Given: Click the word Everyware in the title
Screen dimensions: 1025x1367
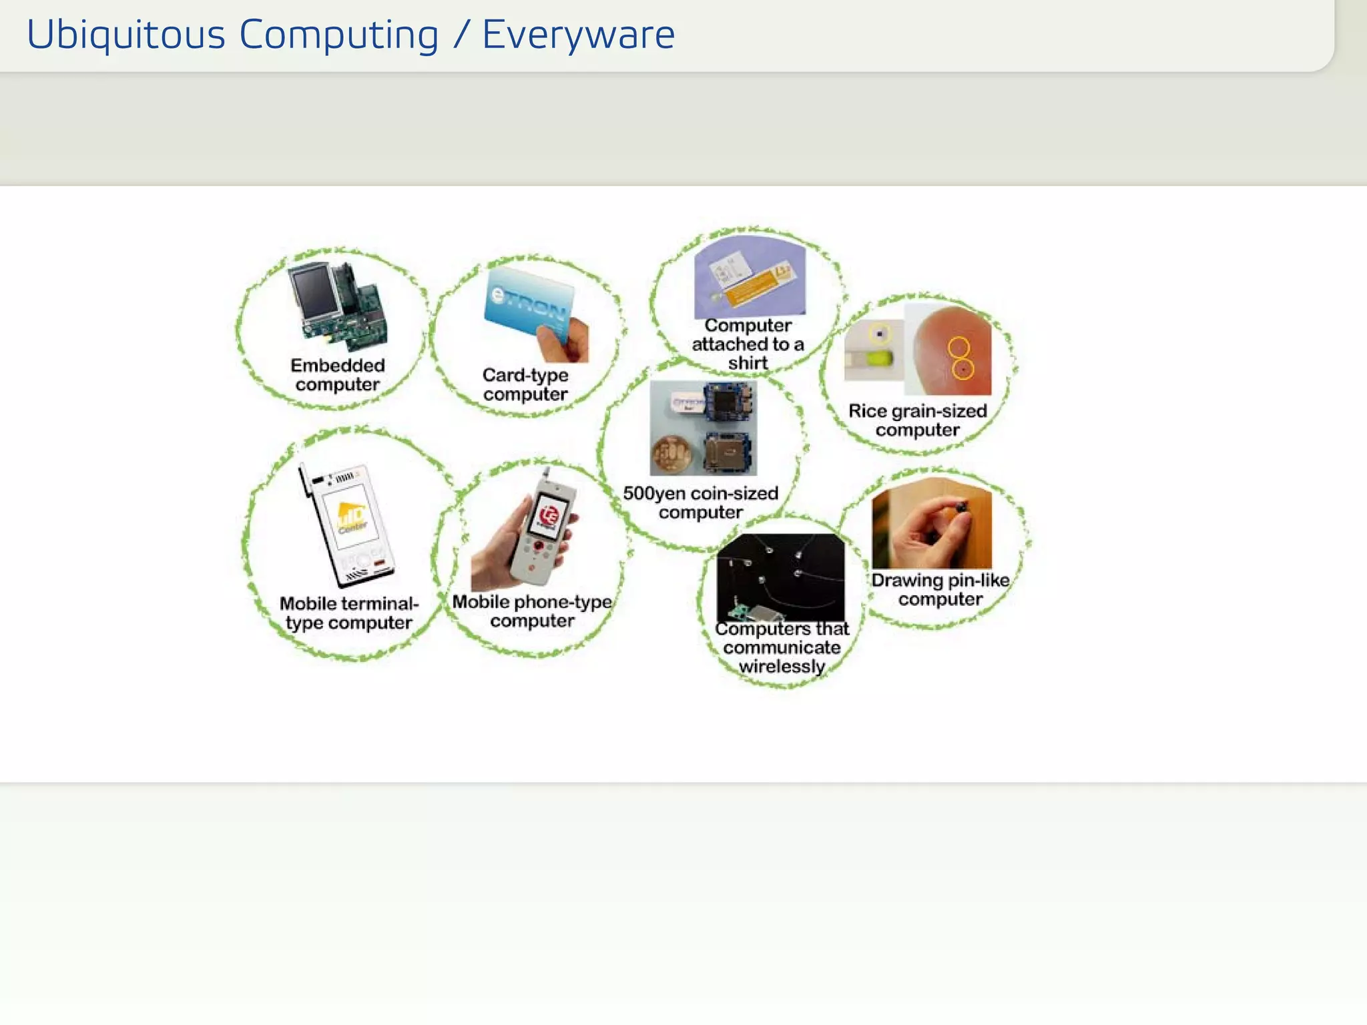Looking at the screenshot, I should (578, 35).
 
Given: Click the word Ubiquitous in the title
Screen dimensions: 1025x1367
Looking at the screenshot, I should (125, 35).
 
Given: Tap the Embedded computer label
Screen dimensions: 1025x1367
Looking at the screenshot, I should (338, 375).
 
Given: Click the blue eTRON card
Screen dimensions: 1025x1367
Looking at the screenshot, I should (527, 307).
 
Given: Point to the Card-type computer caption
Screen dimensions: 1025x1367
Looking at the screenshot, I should (525, 384).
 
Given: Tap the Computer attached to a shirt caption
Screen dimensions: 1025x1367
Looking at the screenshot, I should (748, 344).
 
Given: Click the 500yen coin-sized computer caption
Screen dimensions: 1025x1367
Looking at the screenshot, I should (700, 502).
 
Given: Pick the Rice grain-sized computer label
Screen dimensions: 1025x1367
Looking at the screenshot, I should (917, 420).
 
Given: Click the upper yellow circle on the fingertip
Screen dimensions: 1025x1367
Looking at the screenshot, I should (959, 347).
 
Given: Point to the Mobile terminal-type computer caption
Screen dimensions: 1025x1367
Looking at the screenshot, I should (348, 613).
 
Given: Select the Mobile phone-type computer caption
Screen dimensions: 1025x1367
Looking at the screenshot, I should (532, 611).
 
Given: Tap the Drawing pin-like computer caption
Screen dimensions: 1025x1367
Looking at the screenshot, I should (940, 589).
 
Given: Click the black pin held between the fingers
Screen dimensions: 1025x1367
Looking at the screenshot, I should (962, 508).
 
